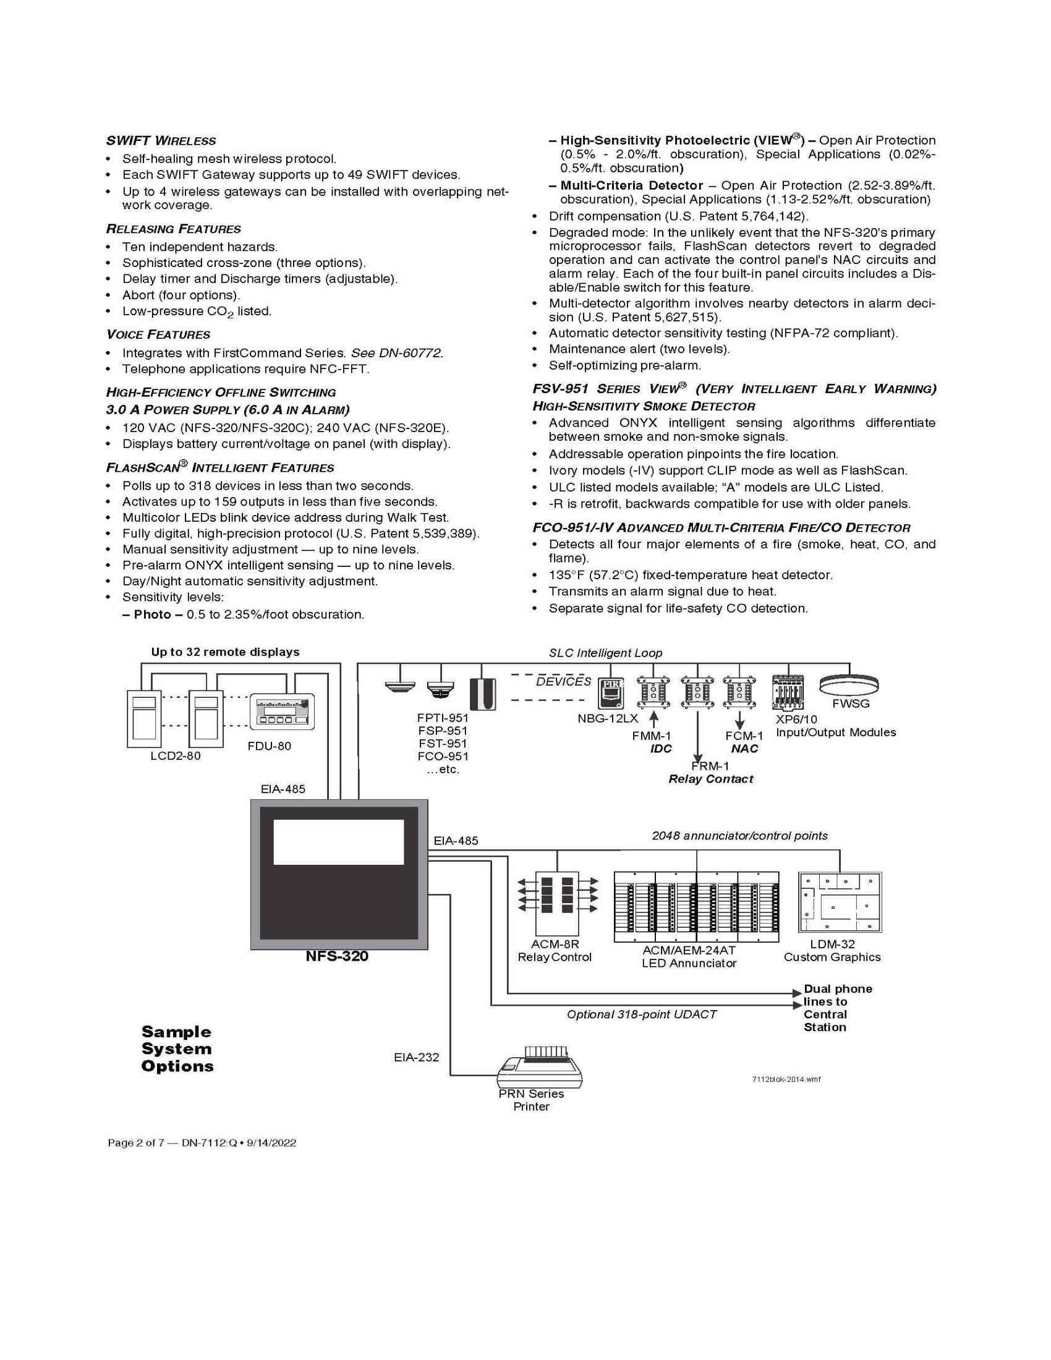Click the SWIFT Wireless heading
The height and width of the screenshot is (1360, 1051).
(161, 141)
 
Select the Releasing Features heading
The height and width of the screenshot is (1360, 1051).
(173, 229)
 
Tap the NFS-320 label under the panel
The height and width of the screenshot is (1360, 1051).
(337, 956)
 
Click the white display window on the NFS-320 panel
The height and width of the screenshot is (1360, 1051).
(339, 842)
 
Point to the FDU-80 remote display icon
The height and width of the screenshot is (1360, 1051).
(282, 712)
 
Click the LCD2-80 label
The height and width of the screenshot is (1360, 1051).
(176, 755)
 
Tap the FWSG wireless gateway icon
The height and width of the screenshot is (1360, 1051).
(848, 684)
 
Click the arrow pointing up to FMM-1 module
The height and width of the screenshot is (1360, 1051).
(653, 719)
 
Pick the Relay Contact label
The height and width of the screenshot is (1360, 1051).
(710, 779)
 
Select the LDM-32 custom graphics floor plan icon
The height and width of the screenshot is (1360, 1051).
(840, 903)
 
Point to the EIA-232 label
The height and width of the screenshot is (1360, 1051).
(416, 1056)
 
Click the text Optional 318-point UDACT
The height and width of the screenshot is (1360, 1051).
(641, 1014)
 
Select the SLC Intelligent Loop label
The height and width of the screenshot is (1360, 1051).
(605, 653)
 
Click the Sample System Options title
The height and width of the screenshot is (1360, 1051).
(177, 1048)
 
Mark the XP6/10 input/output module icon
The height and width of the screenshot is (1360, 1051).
(788, 692)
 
